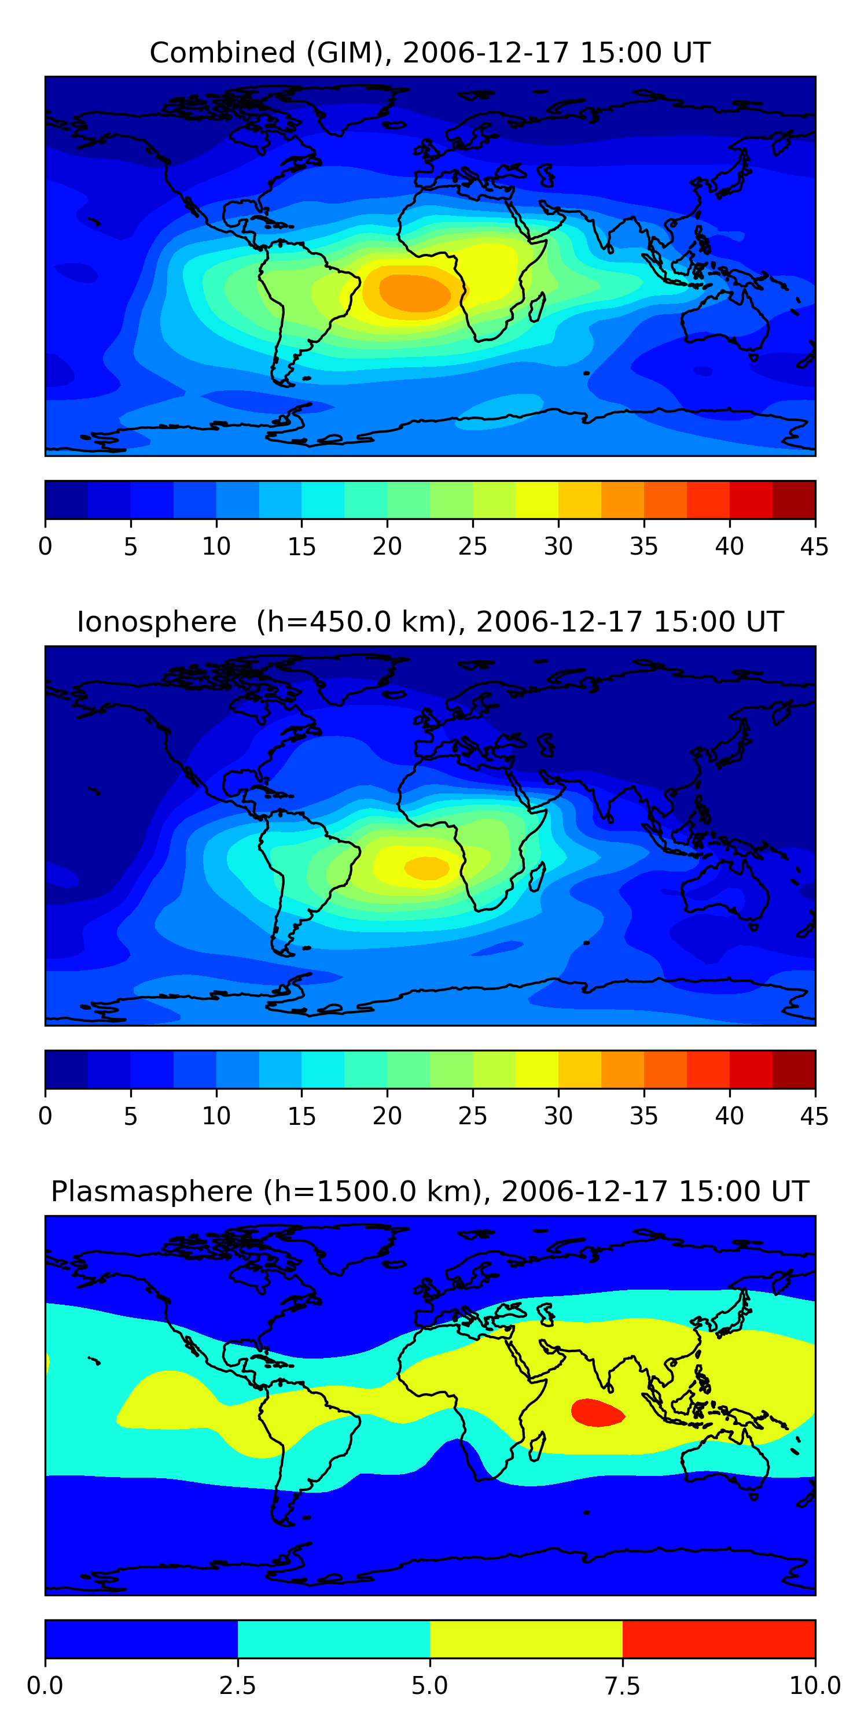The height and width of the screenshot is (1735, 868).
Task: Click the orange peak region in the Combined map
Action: click(414, 293)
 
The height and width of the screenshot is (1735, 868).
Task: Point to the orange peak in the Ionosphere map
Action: click(426, 867)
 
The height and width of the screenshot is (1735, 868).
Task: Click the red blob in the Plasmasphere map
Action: click(597, 1412)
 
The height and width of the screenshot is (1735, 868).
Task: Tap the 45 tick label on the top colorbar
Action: click(814, 546)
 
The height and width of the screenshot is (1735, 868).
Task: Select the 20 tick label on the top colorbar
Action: click(387, 546)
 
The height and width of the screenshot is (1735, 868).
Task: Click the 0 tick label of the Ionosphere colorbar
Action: click(45, 1116)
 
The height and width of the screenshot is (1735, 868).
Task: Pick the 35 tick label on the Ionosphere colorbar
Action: click(643, 1116)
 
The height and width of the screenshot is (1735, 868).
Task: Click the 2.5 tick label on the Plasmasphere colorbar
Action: click(237, 1686)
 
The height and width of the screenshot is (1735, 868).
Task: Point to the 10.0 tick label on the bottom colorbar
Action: click(814, 1686)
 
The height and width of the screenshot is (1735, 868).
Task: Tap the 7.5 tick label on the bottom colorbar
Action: click(622, 1686)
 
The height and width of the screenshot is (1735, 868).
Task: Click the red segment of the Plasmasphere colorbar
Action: click(718, 1638)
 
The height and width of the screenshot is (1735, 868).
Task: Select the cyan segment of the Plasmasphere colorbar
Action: click(333, 1638)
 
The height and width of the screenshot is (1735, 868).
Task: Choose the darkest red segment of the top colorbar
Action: click(793, 500)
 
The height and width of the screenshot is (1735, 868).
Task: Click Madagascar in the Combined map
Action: click(537, 307)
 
